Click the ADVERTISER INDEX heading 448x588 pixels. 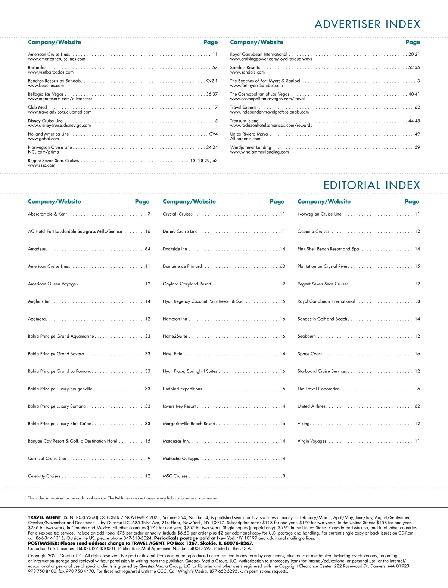pyautogui.click(x=367, y=24)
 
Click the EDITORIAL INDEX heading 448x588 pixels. pyautogui.click(x=371, y=185)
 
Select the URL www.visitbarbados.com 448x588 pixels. pyautogui.click(x=51, y=72)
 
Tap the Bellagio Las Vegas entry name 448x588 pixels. pyautogui.click(x=46, y=94)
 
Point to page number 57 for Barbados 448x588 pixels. pyautogui.click(x=215, y=68)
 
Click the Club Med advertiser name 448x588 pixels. pyautogui.click(x=37, y=108)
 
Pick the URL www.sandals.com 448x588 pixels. pyautogui.click(x=247, y=72)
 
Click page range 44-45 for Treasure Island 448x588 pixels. pyautogui.click(x=414, y=121)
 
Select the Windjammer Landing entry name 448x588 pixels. pyautogui.click(x=251, y=147)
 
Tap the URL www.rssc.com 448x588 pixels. pyautogui.click(x=41, y=165)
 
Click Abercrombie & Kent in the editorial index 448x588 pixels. pyautogui.click(x=47, y=214)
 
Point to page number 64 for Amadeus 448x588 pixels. pyautogui.click(x=148, y=249)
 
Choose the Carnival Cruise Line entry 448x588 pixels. pyautogui.click(x=47, y=459)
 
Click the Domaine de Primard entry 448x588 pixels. pyautogui.click(x=182, y=267)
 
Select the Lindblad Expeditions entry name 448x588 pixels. pyautogui.click(x=182, y=389)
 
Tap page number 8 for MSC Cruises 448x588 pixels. pyautogui.click(x=284, y=476)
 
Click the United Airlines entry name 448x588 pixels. pyautogui.click(x=311, y=406)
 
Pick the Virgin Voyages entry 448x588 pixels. pyautogui.click(x=312, y=441)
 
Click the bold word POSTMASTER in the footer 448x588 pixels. pyautogui.click(x=43, y=543)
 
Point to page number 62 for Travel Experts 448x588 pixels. pyautogui.click(x=417, y=108)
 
